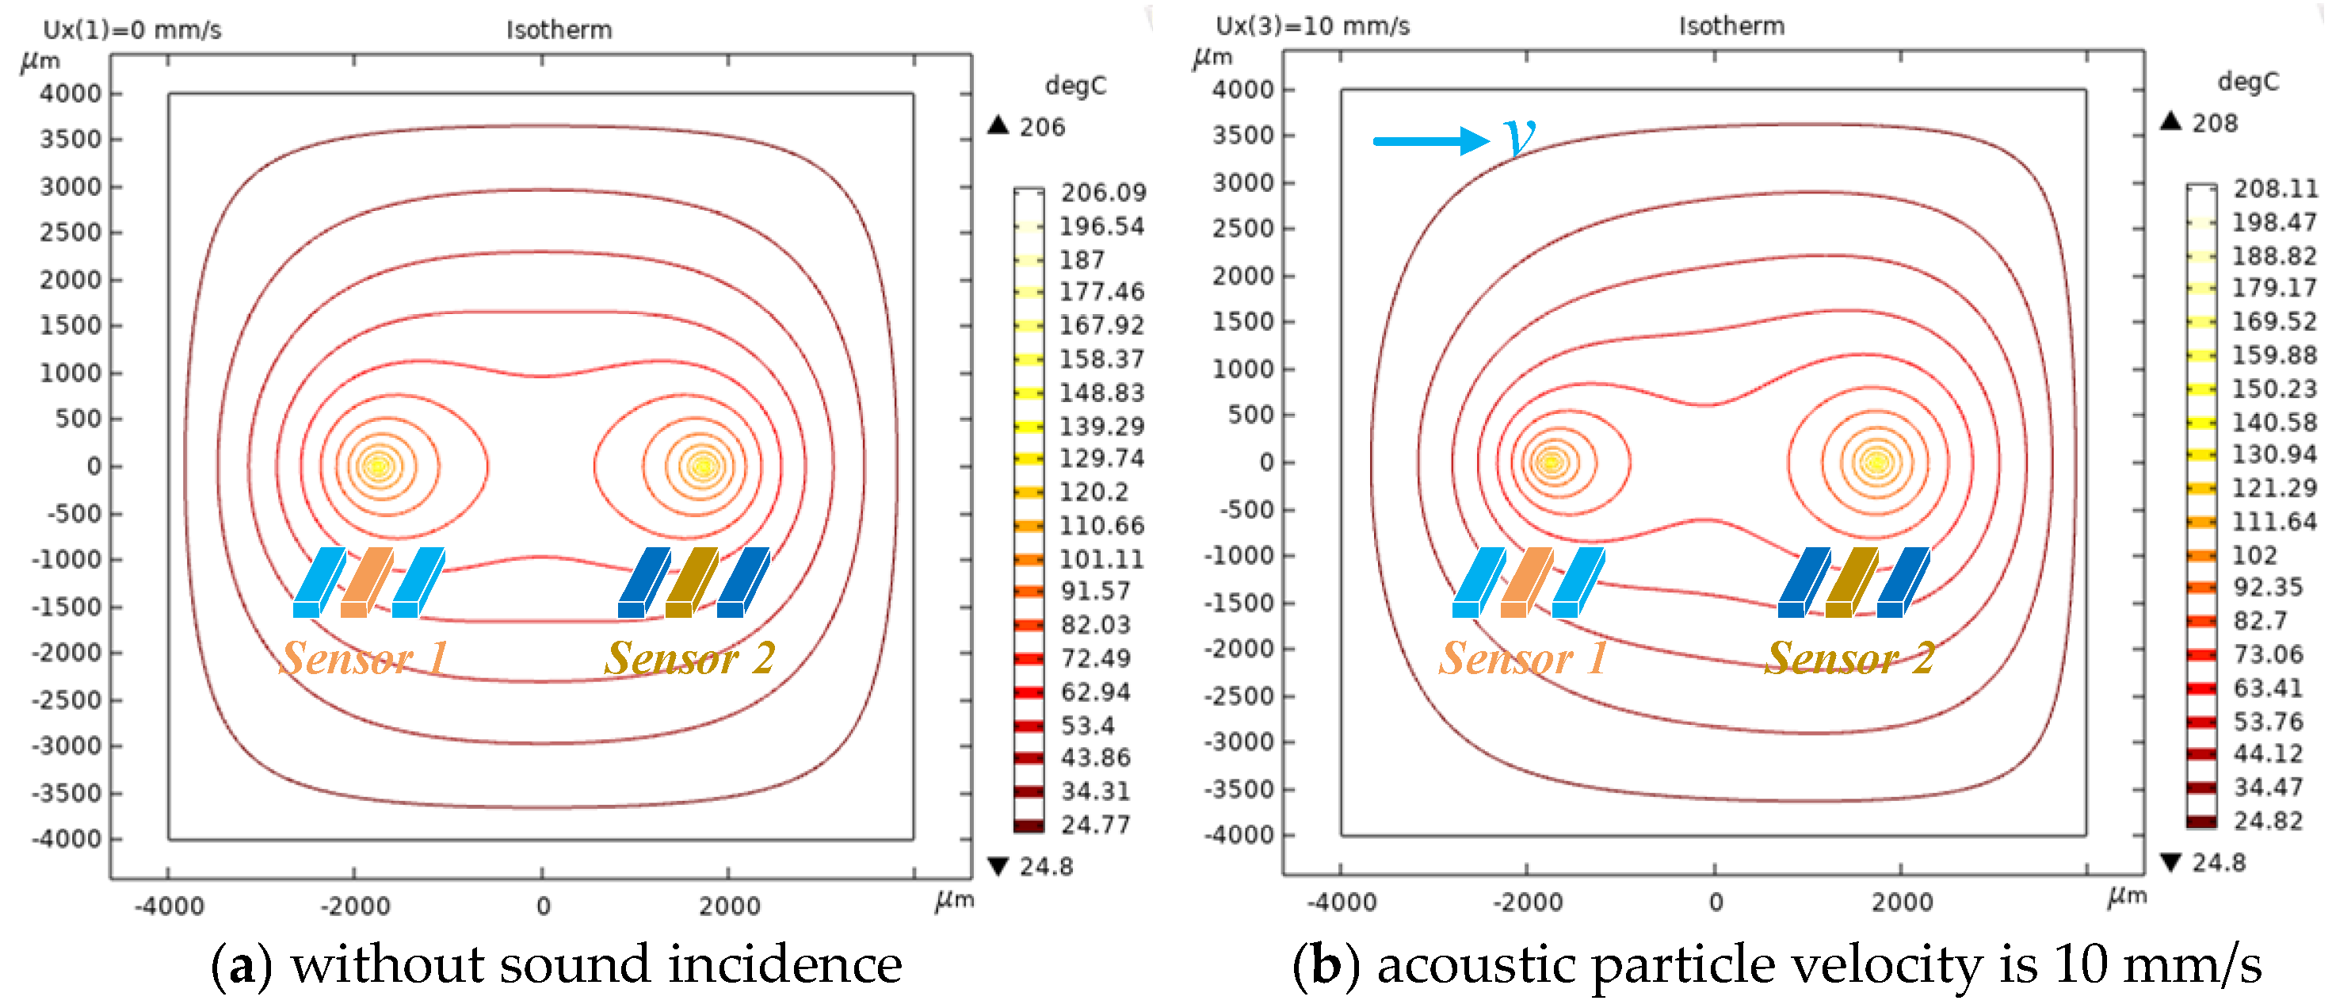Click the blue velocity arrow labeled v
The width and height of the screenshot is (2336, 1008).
pyautogui.click(x=1430, y=140)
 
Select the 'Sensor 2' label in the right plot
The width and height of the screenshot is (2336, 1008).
pyautogui.click(x=1850, y=657)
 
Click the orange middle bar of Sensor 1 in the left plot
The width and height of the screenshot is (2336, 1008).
pyautogui.click(x=365, y=582)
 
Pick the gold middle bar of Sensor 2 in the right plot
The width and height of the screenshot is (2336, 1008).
pyautogui.click(x=1850, y=582)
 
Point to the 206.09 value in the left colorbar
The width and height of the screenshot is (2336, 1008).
pyautogui.click(x=1103, y=193)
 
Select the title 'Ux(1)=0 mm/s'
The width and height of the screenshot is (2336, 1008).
pyautogui.click(x=132, y=30)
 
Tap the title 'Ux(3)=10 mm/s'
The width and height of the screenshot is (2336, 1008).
pyautogui.click(x=1312, y=26)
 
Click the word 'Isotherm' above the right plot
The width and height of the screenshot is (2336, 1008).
pyautogui.click(x=1731, y=26)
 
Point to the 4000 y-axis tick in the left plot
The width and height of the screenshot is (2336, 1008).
pyautogui.click(x=70, y=94)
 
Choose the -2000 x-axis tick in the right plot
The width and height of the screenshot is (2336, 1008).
pyautogui.click(x=1527, y=902)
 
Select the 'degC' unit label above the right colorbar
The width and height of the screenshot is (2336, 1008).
pyautogui.click(x=2247, y=82)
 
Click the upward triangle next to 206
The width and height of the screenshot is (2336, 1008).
pyautogui.click(x=998, y=125)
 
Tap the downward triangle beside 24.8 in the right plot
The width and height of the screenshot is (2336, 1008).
pyautogui.click(x=2170, y=862)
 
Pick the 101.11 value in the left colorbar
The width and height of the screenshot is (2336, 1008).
pyautogui.click(x=1101, y=559)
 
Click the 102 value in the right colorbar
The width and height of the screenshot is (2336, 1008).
pyautogui.click(x=2254, y=555)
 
